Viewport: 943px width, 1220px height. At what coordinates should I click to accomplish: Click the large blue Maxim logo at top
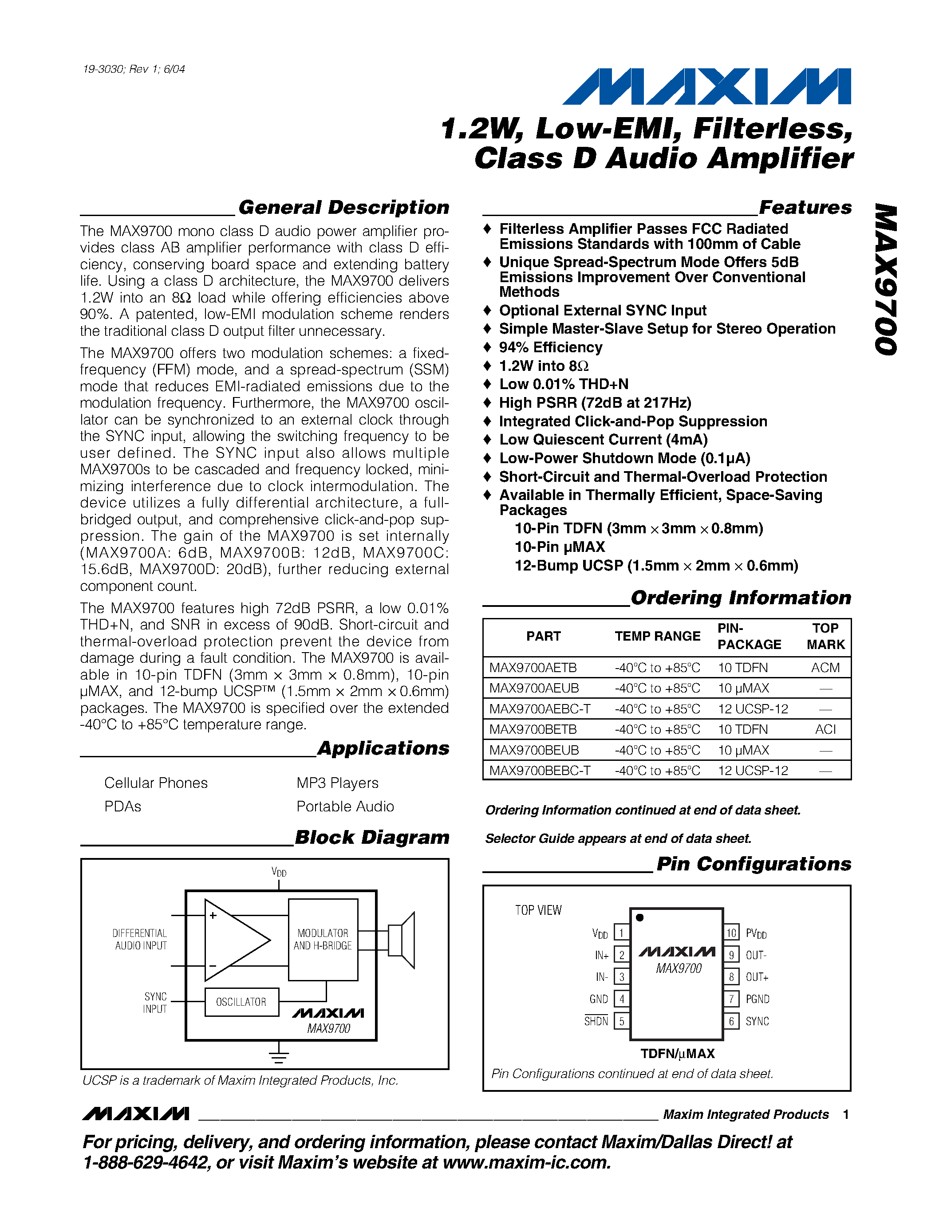706,87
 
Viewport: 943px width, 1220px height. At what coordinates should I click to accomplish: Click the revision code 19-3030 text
134,69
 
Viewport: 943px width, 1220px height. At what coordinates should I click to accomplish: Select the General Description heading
343,208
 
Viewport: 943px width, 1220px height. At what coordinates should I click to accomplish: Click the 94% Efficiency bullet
550,347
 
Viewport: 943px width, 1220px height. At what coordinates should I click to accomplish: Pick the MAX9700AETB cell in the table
533,668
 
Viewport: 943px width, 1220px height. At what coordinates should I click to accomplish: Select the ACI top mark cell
825,729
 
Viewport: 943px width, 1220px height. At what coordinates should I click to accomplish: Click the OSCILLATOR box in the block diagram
241,1002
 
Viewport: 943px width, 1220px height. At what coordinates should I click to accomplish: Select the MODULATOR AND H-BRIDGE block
323,940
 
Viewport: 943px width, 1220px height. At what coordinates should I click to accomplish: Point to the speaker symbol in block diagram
402,940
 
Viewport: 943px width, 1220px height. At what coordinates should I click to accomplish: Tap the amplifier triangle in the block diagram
232,940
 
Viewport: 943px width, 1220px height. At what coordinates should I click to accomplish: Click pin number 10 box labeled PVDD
731,933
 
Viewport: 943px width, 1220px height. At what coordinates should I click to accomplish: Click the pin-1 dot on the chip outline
639,917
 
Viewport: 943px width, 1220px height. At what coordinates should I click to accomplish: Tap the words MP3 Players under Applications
337,783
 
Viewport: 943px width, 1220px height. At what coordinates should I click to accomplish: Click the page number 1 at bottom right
846,1114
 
